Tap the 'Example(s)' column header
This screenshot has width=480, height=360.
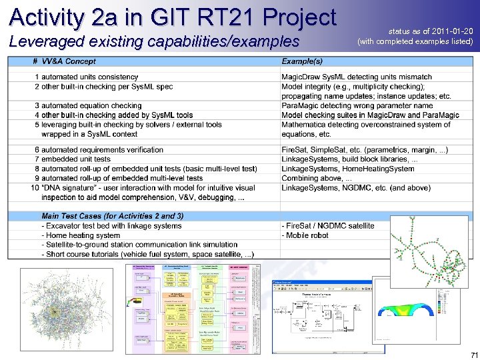click(302, 61)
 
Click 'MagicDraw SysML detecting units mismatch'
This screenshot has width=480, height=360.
click(357, 77)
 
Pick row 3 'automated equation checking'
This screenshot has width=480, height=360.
click(91, 105)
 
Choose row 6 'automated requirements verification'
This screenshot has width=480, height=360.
click(102, 150)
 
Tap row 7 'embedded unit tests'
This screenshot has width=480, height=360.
click(75, 159)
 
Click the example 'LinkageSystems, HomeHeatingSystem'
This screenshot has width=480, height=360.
click(347, 169)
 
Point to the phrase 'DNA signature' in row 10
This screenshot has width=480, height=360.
click(70, 188)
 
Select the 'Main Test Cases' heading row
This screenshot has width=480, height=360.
click(112, 216)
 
